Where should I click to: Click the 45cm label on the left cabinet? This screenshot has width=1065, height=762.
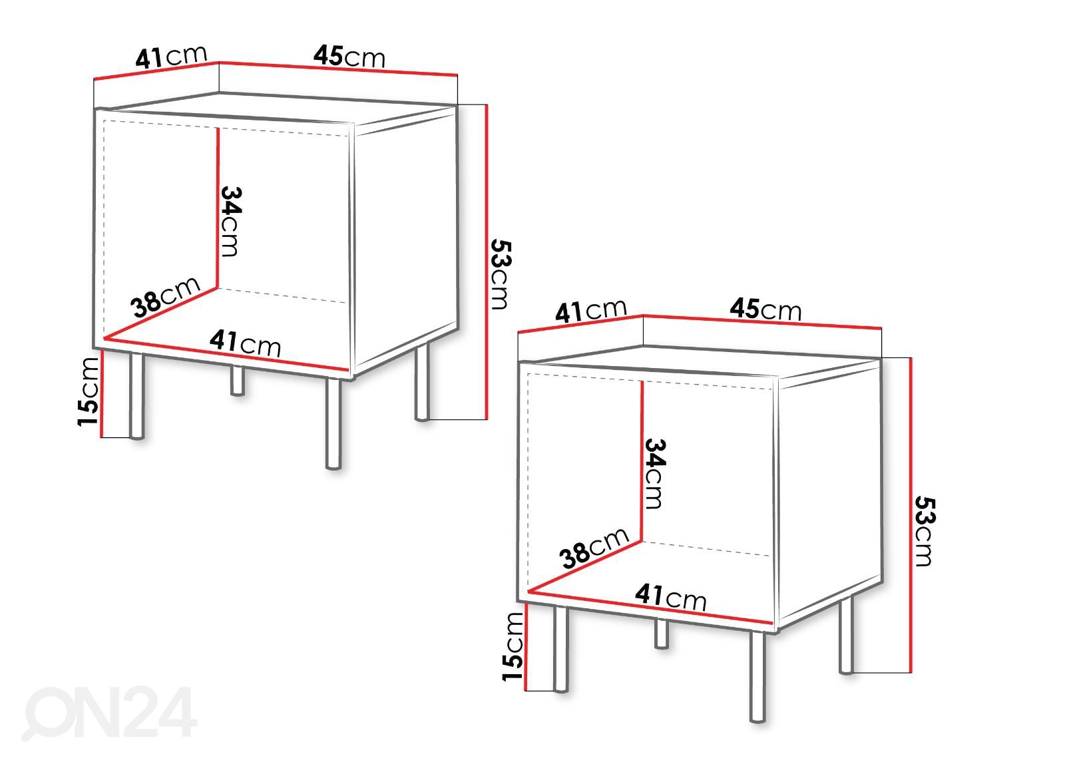click(349, 57)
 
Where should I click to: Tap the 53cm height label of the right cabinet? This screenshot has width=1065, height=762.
click(925, 530)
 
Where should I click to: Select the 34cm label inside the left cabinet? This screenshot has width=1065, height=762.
click(231, 222)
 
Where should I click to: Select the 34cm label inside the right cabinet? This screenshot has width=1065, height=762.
click(655, 474)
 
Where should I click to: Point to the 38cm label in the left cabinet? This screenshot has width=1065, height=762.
click(165, 297)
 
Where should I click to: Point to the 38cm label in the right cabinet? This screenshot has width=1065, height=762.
click(594, 548)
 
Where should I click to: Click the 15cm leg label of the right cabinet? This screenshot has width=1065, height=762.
click(513, 646)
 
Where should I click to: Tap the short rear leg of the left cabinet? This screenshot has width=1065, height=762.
click(237, 380)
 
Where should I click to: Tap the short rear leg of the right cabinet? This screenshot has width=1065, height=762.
click(662, 634)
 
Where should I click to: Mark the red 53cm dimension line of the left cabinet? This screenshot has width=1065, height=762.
click(487, 262)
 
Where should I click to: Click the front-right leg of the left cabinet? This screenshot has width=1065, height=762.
click(422, 383)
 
